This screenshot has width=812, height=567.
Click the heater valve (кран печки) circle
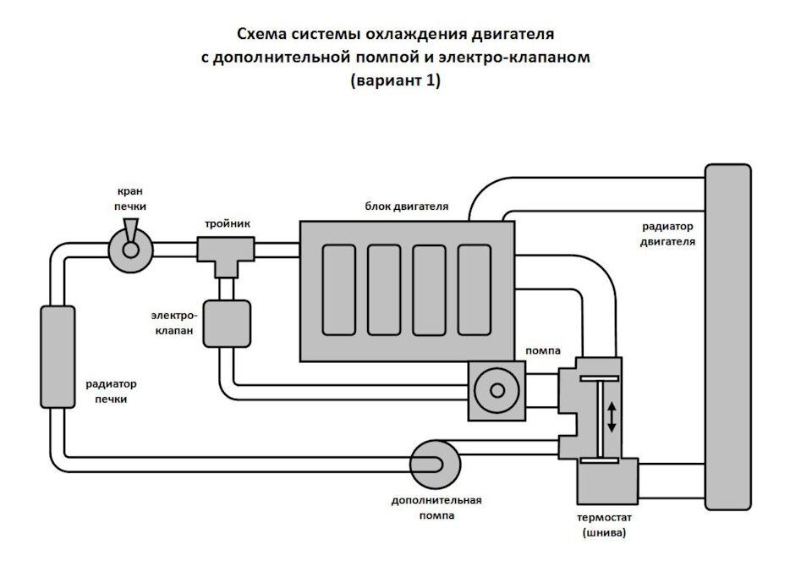(130, 250)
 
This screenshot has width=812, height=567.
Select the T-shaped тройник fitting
(226, 256)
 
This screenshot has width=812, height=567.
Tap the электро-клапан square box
(227, 324)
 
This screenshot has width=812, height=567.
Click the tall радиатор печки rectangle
(58, 356)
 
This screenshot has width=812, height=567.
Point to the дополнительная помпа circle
(435, 465)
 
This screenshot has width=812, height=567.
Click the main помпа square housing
(497, 391)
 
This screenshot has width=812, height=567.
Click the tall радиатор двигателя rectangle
(728, 338)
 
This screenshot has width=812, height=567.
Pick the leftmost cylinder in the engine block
(339, 290)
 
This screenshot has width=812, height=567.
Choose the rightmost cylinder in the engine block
(475, 290)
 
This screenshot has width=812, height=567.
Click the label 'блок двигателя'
(407, 206)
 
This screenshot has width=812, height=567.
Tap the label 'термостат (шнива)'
(604, 525)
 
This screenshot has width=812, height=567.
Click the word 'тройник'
(228, 224)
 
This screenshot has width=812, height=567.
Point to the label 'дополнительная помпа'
(436, 508)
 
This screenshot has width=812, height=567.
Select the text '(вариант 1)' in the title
(396, 81)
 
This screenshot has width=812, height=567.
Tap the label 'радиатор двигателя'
(667, 234)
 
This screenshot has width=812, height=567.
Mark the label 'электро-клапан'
(174, 323)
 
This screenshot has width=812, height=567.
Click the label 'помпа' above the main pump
(543, 351)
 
